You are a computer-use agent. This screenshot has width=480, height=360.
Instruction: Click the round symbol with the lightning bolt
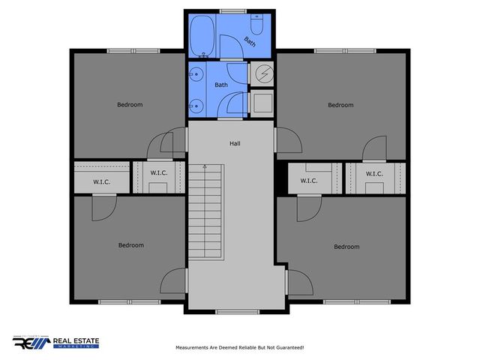(x=264, y=73)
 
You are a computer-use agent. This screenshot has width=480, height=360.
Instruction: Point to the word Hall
(x=235, y=142)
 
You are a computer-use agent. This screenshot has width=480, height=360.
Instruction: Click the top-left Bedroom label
(x=130, y=104)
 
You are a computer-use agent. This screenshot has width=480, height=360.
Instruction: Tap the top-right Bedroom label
(x=340, y=105)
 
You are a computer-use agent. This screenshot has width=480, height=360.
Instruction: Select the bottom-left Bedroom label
(x=130, y=245)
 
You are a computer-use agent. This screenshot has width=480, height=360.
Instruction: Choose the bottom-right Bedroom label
(x=346, y=247)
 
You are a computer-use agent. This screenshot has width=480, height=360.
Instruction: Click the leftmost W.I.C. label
(x=102, y=181)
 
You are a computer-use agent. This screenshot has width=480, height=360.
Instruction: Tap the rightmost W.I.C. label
(x=375, y=174)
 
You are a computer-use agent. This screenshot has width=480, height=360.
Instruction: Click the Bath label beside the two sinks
(x=221, y=85)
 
